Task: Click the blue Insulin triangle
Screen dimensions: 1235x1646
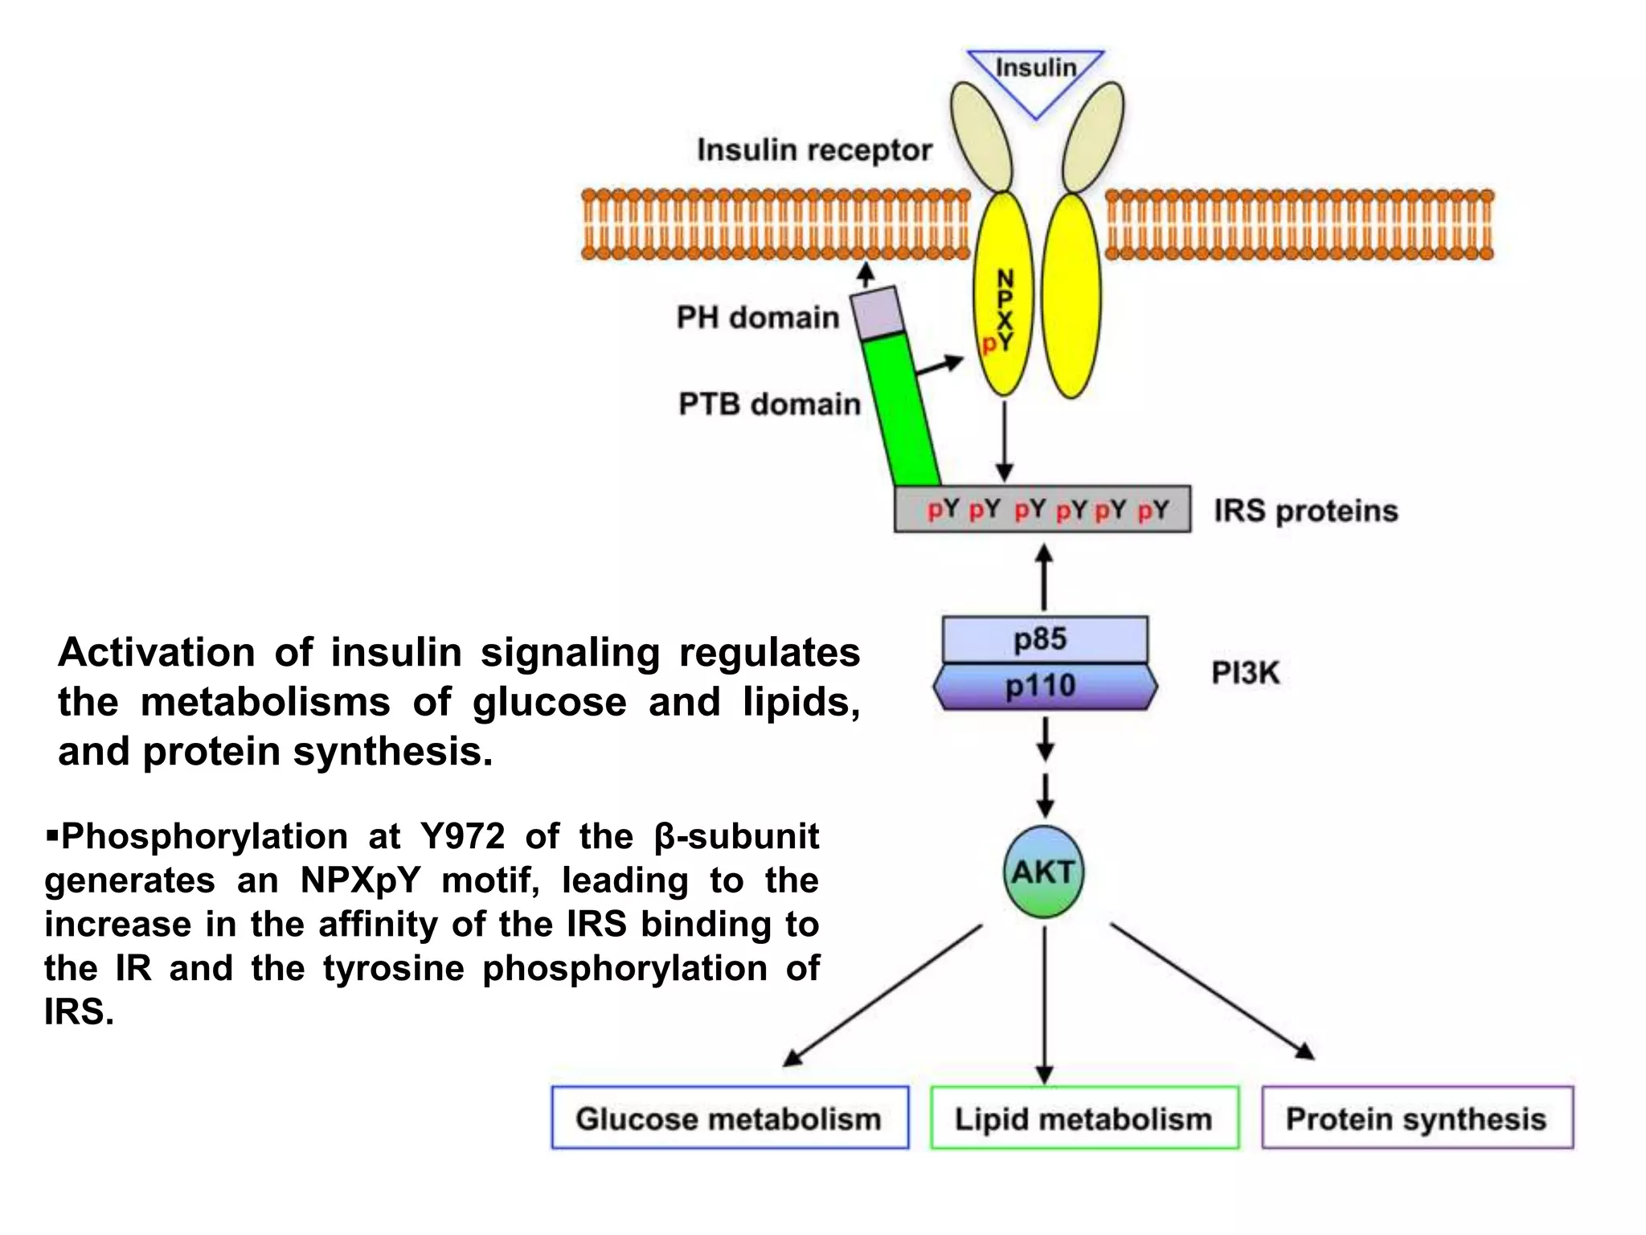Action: click(x=1035, y=76)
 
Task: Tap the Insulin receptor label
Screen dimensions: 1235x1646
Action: click(x=813, y=150)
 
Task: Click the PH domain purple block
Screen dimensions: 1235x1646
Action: click(x=877, y=313)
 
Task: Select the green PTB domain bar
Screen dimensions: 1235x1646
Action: click(x=906, y=410)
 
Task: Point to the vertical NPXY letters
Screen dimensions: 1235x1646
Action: click(x=1005, y=310)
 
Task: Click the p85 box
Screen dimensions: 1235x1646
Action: click(x=1043, y=639)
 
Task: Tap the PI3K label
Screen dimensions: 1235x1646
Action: click(x=1245, y=673)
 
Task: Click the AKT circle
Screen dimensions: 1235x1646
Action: click(x=1043, y=872)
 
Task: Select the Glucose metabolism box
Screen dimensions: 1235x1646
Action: click(x=729, y=1118)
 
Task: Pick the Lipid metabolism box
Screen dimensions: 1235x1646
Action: click(x=1083, y=1118)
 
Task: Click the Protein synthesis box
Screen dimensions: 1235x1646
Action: click(x=1416, y=1118)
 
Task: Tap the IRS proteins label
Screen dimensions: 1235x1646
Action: click(x=1305, y=511)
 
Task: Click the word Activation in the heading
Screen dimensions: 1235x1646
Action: click(x=156, y=653)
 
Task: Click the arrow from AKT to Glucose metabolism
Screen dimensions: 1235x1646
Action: click(x=884, y=995)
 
